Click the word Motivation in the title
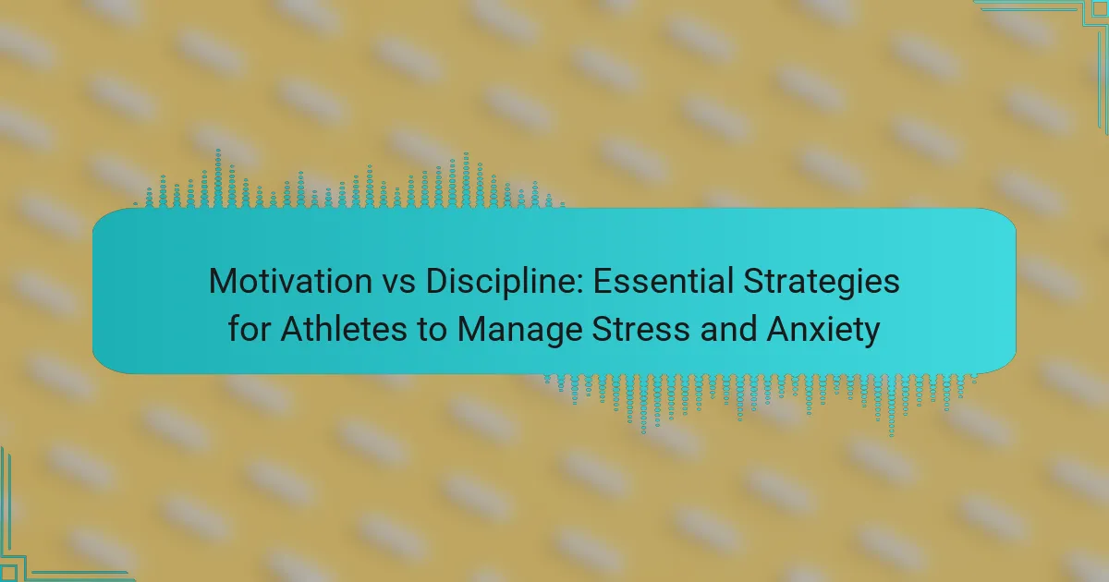(290, 281)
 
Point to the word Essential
(664, 281)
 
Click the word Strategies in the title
(822, 283)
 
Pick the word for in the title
(249, 329)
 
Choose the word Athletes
(344, 329)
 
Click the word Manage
(519, 331)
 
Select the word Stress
(641, 329)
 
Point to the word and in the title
(729, 329)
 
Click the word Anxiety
(823, 331)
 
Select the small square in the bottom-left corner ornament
(7, 574)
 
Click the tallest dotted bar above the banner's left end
(218, 178)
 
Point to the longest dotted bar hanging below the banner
(892, 406)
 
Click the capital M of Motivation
(222, 281)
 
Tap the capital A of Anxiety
(779, 329)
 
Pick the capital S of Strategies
(755, 281)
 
